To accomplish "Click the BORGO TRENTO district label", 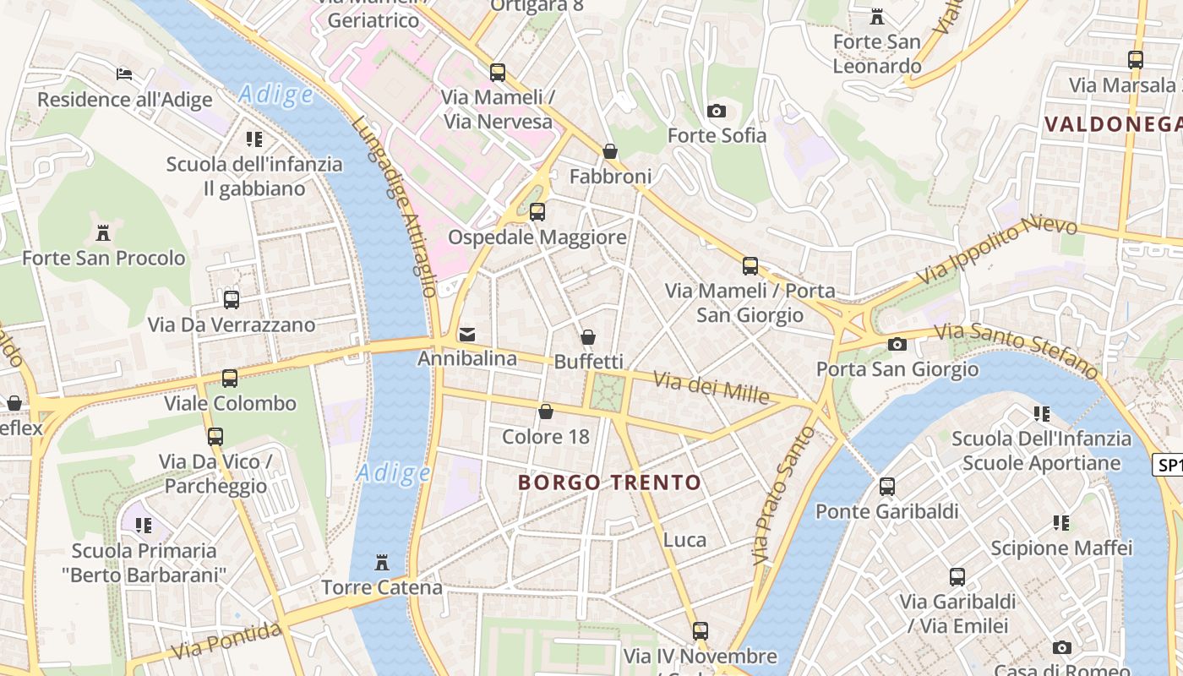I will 609,482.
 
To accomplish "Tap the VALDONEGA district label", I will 1113,124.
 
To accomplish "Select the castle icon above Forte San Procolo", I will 103,232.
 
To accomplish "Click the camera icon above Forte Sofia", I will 716,111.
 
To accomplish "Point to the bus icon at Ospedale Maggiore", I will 537,212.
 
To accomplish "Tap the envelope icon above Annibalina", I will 467,335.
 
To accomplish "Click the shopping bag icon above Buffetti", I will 588,337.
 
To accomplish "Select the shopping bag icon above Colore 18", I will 546,412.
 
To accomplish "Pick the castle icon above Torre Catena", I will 382,562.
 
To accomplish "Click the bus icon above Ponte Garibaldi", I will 886,487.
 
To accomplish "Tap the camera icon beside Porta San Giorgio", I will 897,344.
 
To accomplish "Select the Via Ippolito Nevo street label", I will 997,250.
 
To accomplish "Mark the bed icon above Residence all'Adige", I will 124,74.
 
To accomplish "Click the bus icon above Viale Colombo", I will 229,379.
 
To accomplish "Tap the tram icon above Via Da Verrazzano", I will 232,299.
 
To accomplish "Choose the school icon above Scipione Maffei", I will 1061,523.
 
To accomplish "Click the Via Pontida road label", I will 226,641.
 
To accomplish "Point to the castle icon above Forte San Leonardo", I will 876,17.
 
